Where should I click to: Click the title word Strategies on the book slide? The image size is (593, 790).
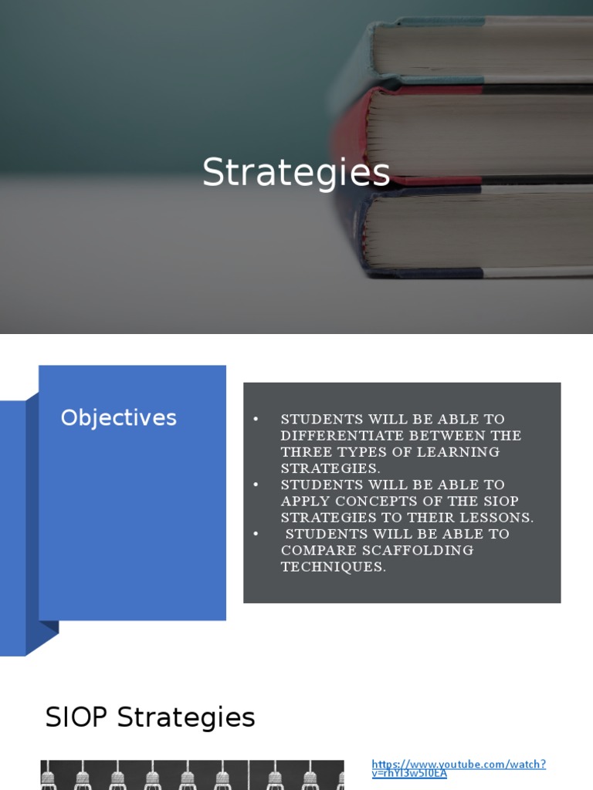pyautogui.click(x=296, y=173)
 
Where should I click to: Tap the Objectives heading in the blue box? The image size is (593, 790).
pyautogui.click(x=119, y=418)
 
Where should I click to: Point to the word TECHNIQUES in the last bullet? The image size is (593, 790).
pyautogui.click(x=333, y=567)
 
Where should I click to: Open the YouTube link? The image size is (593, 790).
pyautogui.click(x=459, y=768)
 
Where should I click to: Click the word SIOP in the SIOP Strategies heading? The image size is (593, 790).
pyautogui.click(x=77, y=718)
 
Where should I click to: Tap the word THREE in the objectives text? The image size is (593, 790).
pyautogui.click(x=304, y=452)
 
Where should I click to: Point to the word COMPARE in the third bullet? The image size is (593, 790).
pyautogui.click(x=316, y=551)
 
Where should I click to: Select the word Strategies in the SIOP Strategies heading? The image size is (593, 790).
pyautogui.click(x=186, y=718)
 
